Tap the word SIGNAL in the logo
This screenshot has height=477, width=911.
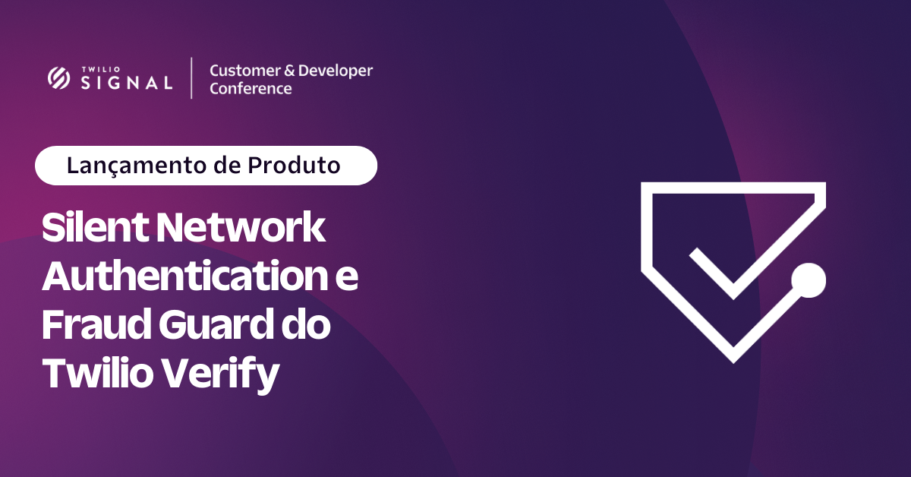click(x=127, y=83)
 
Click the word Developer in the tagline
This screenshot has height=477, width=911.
click(x=335, y=71)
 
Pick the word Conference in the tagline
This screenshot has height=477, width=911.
click(x=251, y=89)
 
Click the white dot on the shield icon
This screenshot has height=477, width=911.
click(x=808, y=280)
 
